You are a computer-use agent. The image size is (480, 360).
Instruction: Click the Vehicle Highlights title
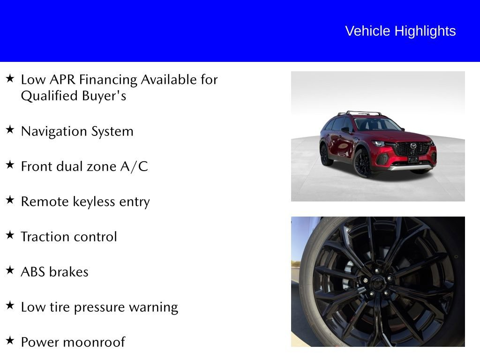400,31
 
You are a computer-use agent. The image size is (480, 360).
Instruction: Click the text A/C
134,166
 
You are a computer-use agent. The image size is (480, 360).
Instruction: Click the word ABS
33,272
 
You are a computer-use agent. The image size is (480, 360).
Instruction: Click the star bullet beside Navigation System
10,130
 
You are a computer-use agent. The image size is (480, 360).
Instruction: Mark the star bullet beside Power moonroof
10,341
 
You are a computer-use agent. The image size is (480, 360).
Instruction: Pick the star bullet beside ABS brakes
10,270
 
